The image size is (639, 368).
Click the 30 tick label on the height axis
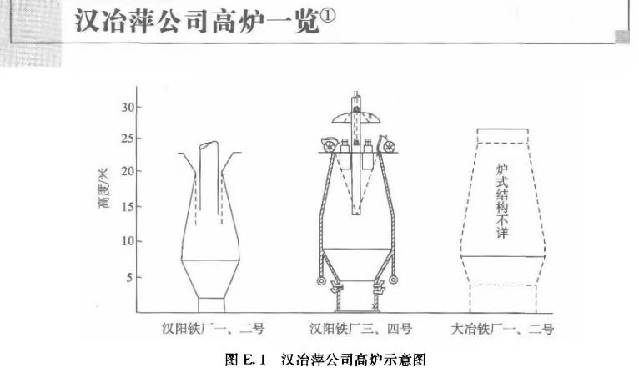click(x=128, y=107)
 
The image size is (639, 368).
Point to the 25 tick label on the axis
click(x=128, y=138)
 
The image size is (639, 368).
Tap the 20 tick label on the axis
click(x=128, y=172)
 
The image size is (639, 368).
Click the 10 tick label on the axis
click(x=128, y=241)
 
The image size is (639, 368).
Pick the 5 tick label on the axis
click(x=130, y=276)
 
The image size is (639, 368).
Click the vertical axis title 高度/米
click(x=103, y=191)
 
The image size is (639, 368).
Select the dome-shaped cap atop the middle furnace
click(x=355, y=111)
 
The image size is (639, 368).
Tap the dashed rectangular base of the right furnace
click(x=503, y=298)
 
